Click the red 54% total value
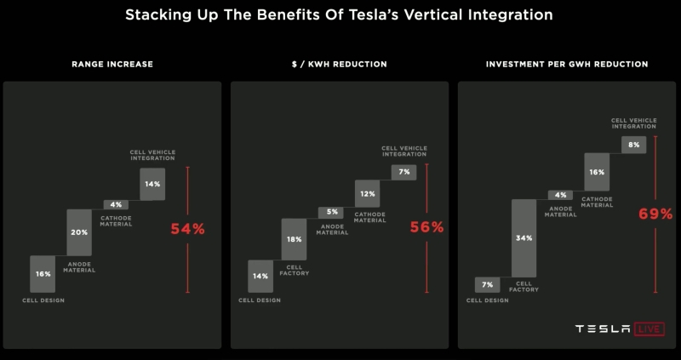[187, 228]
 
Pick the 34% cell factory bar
[524, 237]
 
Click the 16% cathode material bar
[597, 171]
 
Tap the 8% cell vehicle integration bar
[633, 145]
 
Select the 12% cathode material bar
[367, 193]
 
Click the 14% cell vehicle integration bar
[152, 184]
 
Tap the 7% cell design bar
[487, 284]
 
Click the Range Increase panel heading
[112, 64]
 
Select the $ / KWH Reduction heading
[339, 64]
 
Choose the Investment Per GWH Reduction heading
[567, 64]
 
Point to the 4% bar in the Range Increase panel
[116, 204]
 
